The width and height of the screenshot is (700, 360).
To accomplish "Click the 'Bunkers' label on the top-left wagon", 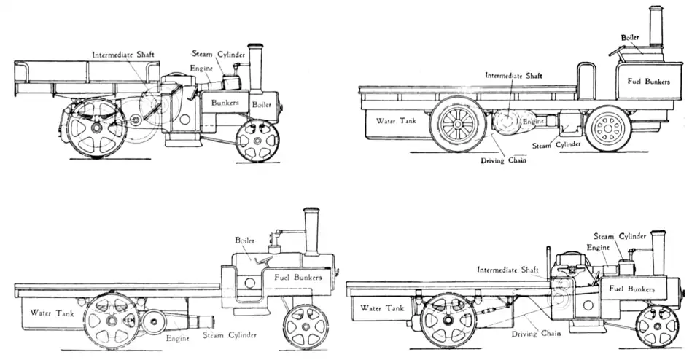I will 225,103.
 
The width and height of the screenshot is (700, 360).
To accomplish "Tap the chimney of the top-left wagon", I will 255,66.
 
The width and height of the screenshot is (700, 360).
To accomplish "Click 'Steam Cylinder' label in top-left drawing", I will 218,54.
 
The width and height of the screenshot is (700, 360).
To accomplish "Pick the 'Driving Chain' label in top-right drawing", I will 505,160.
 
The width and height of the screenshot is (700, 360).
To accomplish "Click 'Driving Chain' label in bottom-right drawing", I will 536,333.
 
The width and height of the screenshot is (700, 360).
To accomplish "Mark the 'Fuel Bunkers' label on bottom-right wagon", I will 631,289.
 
